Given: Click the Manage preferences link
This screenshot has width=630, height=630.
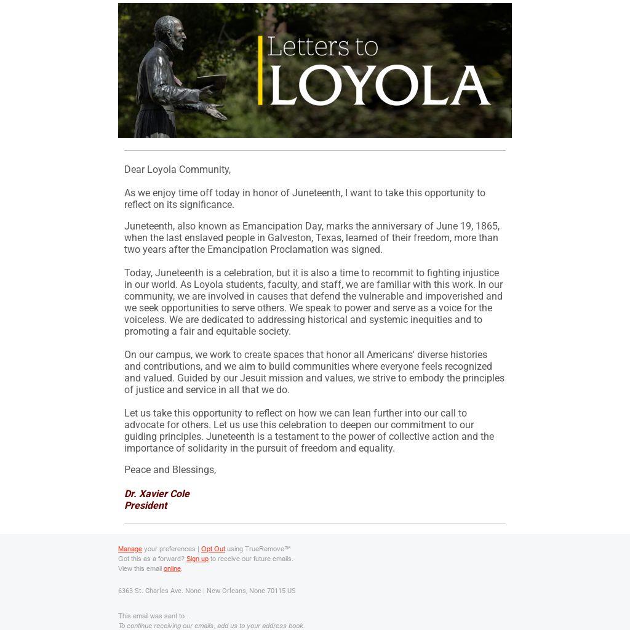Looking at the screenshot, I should point(130,549).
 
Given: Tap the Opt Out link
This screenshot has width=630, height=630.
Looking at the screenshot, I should point(213,549).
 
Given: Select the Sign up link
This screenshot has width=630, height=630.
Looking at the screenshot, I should point(197,559).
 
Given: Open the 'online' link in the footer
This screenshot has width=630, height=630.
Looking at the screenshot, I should point(172,568).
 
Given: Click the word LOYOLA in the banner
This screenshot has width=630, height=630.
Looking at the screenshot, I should point(380,86).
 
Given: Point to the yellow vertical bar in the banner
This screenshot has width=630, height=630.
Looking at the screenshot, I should point(260,70).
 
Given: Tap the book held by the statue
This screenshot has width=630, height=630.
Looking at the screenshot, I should point(211,81).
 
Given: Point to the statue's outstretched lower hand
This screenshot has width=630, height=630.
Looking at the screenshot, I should point(215,112).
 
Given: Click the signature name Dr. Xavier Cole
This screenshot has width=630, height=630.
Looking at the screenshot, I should point(157,493).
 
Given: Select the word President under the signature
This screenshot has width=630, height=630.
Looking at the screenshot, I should point(146,505).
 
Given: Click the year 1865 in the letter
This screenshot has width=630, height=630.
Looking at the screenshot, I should point(487,226).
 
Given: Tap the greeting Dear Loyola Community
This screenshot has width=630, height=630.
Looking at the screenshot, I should point(177,169).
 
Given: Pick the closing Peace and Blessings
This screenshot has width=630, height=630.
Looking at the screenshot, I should point(170,469).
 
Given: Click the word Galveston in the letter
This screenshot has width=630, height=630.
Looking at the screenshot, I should point(289,237).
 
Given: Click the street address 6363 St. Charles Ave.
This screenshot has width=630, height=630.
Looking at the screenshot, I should point(151,591).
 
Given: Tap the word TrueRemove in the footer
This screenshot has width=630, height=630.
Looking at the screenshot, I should point(265,549).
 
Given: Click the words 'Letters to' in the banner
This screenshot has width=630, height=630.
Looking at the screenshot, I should point(322,47).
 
